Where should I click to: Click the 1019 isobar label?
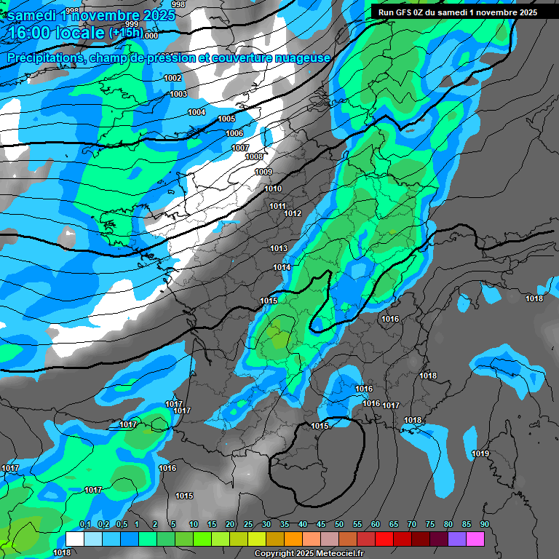(x=480, y=453)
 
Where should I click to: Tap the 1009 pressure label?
(x=263, y=173)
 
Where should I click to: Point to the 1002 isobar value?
(x=173, y=78)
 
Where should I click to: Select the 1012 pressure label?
(x=293, y=213)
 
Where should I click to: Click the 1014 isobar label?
(x=282, y=268)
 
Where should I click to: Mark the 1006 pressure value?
(x=234, y=133)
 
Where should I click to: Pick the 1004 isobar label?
(x=197, y=112)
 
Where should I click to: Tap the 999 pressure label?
(x=132, y=24)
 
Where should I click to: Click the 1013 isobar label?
(x=279, y=249)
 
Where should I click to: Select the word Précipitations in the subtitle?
(x=44, y=58)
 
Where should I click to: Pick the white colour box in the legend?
(x=74, y=539)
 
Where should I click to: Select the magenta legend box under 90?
(x=475, y=539)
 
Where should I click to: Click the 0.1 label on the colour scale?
(x=84, y=525)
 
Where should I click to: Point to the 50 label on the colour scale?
(x=339, y=525)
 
